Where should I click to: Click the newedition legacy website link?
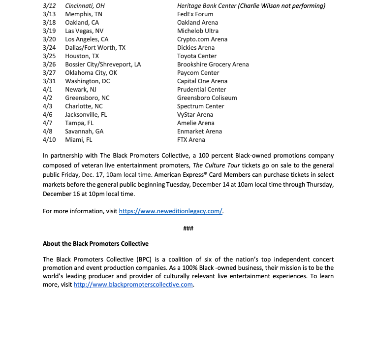tap(171, 211)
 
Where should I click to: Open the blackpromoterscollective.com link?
tap(133, 285)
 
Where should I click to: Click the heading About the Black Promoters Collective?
tap(95, 244)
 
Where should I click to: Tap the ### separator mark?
tap(188, 229)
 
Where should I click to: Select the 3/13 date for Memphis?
tap(49, 14)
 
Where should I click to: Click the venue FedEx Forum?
tap(195, 14)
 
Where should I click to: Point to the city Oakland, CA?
tap(82, 23)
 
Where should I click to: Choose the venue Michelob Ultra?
tap(198, 31)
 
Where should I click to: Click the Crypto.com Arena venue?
tap(202, 39)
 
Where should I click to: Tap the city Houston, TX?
tap(82, 56)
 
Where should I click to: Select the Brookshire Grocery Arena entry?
tap(213, 65)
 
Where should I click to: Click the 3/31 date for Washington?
tap(49, 81)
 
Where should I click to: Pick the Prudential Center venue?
tap(202, 90)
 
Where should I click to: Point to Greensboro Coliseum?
tap(207, 98)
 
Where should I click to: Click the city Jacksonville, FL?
tap(86, 115)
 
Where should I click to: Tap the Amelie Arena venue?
tap(195, 123)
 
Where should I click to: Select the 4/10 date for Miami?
tap(49, 140)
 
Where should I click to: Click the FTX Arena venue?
tap(191, 140)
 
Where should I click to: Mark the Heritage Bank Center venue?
tap(207, 6)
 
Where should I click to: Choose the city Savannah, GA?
tap(84, 131)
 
